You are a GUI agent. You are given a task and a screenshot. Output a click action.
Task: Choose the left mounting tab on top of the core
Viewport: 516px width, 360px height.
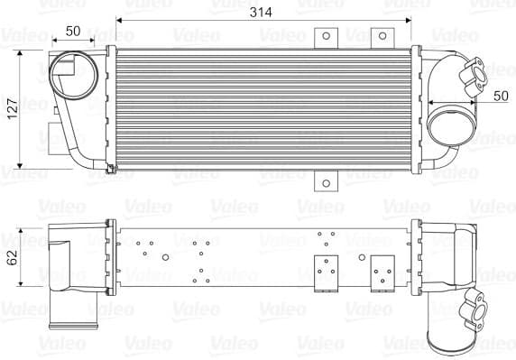click(x=324, y=38)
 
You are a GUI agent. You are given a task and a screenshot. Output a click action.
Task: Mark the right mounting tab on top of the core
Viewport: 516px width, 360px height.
click(x=381, y=38)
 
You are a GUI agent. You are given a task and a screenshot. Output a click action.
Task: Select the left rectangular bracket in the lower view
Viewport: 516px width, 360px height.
click(x=325, y=272)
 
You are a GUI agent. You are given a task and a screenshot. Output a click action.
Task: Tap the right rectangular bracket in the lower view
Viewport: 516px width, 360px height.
click(x=381, y=272)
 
